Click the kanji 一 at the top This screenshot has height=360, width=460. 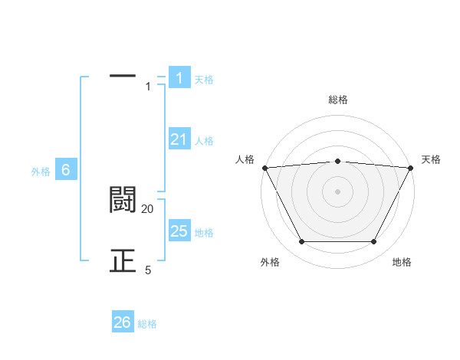(x=123, y=77)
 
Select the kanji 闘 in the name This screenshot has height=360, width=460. (x=123, y=200)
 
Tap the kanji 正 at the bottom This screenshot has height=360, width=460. (x=123, y=261)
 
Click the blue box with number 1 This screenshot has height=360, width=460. (x=179, y=78)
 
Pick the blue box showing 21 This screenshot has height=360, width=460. (x=179, y=139)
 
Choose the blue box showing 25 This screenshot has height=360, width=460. (x=179, y=231)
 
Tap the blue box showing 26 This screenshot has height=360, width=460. (x=123, y=322)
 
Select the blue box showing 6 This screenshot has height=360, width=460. (x=66, y=171)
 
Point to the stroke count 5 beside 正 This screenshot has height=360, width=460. (x=148, y=270)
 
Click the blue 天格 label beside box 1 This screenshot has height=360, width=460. (x=204, y=80)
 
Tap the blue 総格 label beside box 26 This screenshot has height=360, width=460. (x=147, y=324)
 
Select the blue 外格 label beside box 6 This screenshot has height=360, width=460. (x=41, y=172)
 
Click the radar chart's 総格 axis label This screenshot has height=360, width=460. (x=338, y=100)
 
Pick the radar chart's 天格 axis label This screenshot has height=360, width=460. (x=432, y=159)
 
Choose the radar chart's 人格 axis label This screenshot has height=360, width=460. (x=245, y=159)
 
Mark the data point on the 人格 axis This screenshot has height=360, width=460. (x=264, y=168)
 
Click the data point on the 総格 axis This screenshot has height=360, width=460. (x=338, y=161)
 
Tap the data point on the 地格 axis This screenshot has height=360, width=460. (x=374, y=242)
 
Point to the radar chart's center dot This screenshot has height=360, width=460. (x=338, y=191)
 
